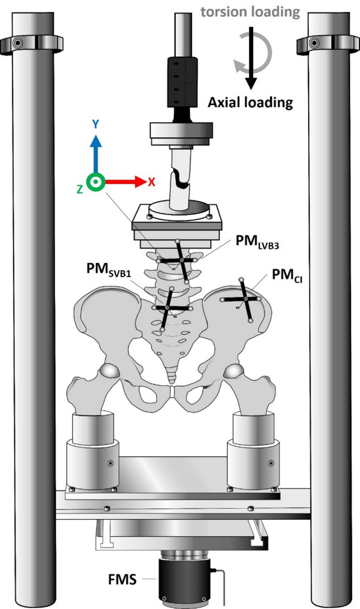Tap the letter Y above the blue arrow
coord(96,125)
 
